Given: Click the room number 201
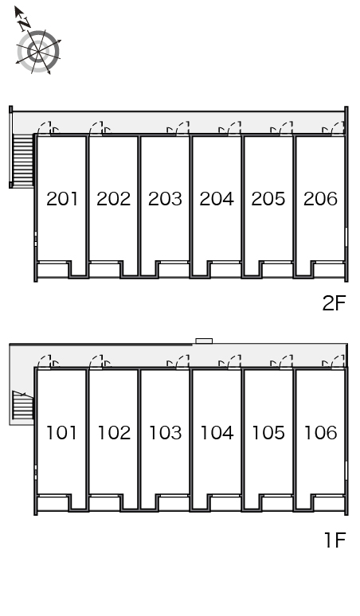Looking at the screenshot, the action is (62, 199).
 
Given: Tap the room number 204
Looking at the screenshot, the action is (217, 199).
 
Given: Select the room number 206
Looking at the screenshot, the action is (320, 199).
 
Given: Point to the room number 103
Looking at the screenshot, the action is (166, 432).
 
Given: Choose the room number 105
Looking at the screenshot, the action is (268, 432).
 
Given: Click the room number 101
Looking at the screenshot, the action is (61, 432).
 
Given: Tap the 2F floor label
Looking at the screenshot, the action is (334, 303).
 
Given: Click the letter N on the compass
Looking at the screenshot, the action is (25, 24).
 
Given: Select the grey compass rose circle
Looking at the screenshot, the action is (38, 52).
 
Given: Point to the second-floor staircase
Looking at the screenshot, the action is (23, 161).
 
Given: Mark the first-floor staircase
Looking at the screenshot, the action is (23, 404).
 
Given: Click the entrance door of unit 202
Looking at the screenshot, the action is (96, 128).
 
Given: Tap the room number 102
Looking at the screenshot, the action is (114, 432).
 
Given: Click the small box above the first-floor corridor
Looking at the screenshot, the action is (205, 341).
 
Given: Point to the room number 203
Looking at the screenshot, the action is (165, 199).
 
